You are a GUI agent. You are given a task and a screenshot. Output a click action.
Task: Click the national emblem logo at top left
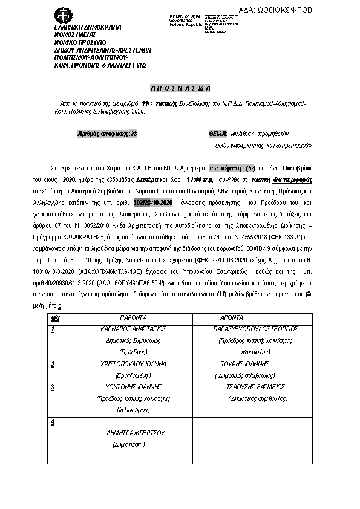coord(62,15)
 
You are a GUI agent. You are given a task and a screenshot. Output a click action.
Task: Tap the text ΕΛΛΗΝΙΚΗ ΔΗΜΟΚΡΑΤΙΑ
coord(87,27)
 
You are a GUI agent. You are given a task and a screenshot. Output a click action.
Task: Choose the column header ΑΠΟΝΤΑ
coord(232,317)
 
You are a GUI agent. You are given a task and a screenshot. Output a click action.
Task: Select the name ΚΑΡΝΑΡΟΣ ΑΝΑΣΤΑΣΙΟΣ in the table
coord(130,330)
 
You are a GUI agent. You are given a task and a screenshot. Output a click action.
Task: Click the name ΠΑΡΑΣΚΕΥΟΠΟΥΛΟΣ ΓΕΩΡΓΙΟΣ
coord(248,330)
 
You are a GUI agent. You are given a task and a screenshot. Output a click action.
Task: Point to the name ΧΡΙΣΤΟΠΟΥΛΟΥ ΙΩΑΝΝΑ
coord(129,365)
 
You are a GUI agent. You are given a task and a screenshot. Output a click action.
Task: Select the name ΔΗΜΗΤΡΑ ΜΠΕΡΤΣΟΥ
coord(136,433)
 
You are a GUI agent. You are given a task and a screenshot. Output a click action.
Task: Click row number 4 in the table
coord(54,421)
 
